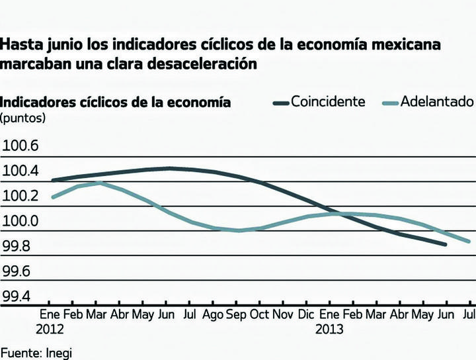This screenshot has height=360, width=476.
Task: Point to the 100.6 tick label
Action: click(x=21, y=146)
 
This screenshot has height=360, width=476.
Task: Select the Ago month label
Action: click(x=213, y=314)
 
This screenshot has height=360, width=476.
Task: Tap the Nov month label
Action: click(x=284, y=314)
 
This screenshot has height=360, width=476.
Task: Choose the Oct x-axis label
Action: click(x=260, y=314)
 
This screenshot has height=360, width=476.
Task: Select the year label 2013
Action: click(x=330, y=329)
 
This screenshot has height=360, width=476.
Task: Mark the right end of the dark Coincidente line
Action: click(x=446, y=245)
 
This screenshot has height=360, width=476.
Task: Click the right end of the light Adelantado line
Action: click(x=469, y=242)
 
